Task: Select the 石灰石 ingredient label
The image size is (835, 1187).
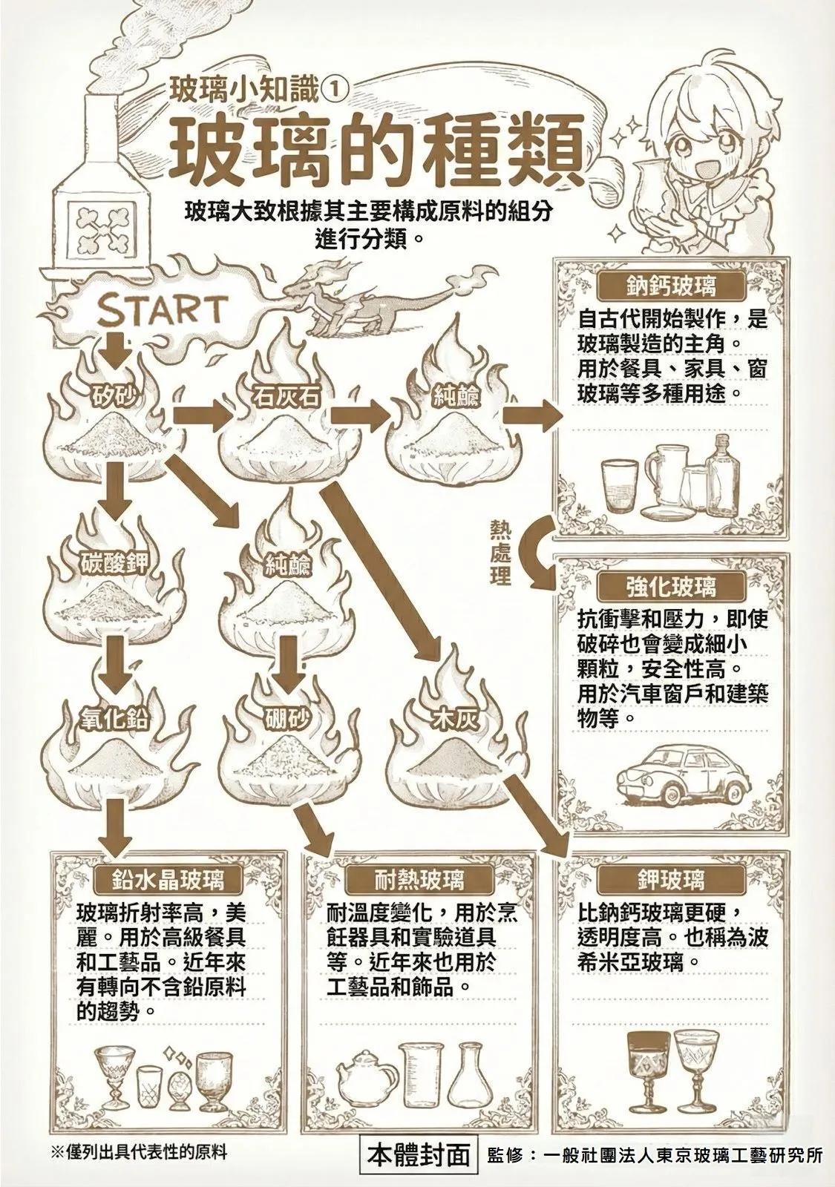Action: [x=286, y=397]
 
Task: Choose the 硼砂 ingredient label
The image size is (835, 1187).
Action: [x=286, y=719]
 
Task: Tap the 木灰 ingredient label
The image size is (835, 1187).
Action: [x=456, y=719]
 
